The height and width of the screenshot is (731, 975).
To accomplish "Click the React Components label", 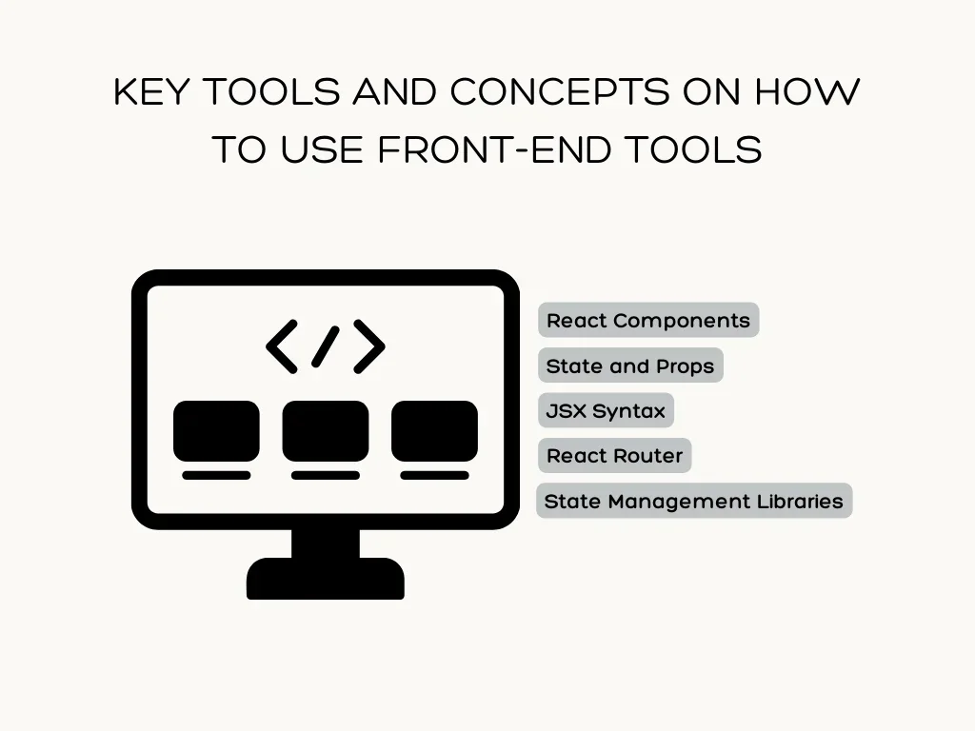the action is [x=648, y=320].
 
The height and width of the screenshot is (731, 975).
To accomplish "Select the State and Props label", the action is [x=630, y=365].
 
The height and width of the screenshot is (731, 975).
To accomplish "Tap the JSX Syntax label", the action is [x=606, y=410].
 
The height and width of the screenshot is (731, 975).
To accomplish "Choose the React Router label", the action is [x=614, y=456].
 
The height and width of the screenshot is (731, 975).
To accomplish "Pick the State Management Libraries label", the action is [x=694, y=501].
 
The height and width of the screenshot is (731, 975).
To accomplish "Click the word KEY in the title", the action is [x=151, y=92].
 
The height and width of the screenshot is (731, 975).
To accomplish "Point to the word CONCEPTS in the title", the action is [x=560, y=92].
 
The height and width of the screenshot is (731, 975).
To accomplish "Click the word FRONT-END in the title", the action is [x=494, y=149].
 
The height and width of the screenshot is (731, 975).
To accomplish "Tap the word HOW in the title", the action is [x=807, y=92].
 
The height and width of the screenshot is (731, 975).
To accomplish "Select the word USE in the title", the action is [x=322, y=149].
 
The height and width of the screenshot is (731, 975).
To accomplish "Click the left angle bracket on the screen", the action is [x=282, y=346].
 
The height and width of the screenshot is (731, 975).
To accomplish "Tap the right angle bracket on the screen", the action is [x=369, y=346].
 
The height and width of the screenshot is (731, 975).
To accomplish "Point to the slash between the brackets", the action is [x=326, y=346].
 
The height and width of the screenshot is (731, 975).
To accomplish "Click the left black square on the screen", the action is [x=216, y=431].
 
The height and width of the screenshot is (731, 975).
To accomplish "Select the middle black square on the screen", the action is [x=326, y=431].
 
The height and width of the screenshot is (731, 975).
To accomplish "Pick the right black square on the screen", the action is [x=434, y=431].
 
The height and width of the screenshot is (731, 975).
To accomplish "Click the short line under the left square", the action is [x=216, y=476].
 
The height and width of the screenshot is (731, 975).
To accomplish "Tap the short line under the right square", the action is [x=434, y=476].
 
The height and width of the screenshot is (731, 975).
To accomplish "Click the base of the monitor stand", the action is [x=326, y=579].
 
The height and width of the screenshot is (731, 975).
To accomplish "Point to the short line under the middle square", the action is [x=326, y=476].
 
